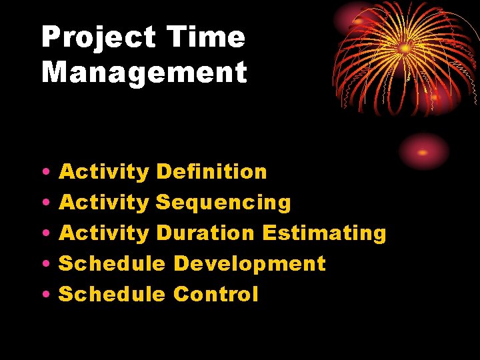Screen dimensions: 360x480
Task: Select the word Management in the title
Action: (144, 72)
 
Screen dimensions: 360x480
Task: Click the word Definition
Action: (211, 172)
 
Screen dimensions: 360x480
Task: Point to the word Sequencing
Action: (223, 203)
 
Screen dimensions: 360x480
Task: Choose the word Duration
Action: (205, 233)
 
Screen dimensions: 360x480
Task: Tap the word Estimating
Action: (324, 233)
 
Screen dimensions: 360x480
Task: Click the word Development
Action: (249, 264)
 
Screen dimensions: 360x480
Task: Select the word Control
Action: (215, 295)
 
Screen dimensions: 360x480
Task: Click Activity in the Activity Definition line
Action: (104, 172)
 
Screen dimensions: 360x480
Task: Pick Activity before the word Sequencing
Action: (104, 203)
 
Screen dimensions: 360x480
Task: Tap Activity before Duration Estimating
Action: (104, 233)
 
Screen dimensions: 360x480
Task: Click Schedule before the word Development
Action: (112, 264)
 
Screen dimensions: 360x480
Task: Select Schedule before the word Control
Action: (112, 295)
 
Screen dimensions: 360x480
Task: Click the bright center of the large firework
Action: (405, 48)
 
